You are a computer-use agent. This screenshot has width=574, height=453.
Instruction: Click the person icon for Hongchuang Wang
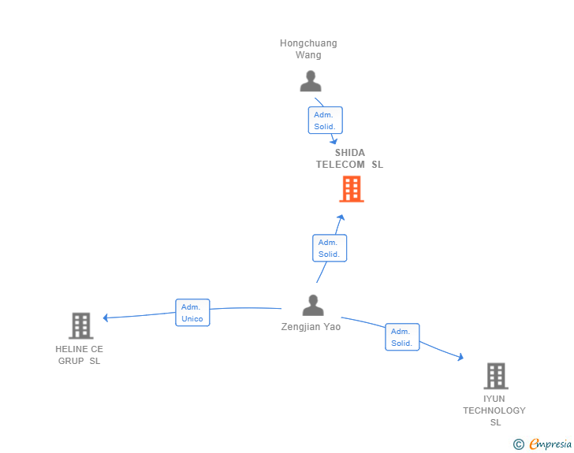pos(311,81)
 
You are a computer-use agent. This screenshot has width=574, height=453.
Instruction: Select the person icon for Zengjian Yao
pos(313,306)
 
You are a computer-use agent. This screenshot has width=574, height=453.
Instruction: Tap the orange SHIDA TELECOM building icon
pos(351,189)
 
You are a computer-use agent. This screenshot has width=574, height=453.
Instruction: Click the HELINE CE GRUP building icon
pos(80,325)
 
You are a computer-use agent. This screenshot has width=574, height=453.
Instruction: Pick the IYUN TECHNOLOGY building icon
pos(495,376)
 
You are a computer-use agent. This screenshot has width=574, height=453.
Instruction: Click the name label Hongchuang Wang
pos(308,49)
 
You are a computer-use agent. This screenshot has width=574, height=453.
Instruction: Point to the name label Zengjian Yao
pos(311,327)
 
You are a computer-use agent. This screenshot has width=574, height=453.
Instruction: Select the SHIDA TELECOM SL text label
pos(349,158)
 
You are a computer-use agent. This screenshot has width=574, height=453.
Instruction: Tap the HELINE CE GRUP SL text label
pos(79,355)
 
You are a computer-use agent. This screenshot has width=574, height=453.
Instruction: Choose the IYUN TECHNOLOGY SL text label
pos(494,410)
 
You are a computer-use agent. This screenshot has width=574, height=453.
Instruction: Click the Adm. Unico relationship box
pos(192,313)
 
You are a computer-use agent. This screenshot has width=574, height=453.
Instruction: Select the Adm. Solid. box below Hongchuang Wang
pos(325,121)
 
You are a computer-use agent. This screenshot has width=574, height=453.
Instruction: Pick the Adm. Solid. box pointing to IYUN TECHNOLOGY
pos(402,337)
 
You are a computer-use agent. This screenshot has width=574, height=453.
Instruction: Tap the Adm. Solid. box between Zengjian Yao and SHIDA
pos(330,248)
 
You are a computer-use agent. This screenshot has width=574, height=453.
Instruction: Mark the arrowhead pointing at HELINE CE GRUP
pos(106,317)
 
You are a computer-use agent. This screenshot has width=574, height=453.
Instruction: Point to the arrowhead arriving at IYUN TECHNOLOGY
pos(460,358)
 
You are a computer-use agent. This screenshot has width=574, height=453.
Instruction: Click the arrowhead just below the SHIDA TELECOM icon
pos(341,217)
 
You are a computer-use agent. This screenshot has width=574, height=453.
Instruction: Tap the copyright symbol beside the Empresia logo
pos(519,444)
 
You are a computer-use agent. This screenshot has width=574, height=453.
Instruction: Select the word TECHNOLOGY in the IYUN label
pos(494,410)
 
